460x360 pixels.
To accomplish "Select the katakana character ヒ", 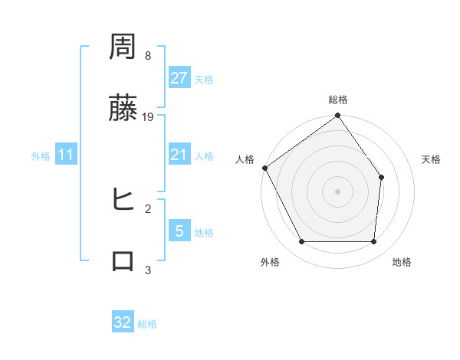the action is click(123, 201).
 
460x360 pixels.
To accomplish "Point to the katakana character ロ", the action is click(123, 261).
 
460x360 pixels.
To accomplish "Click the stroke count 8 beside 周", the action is click(148, 56).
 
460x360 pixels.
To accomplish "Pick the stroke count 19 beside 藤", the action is click(148, 116).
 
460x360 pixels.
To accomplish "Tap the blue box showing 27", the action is click(179, 78).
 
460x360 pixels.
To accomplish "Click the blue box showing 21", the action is click(179, 155).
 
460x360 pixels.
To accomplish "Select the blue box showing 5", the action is click(179, 231).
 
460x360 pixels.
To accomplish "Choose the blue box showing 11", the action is click(66, 155).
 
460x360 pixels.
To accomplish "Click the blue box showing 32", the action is click(123, 322).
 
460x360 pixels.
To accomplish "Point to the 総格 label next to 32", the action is click(147, 324).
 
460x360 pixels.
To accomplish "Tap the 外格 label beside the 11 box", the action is click(41, 156).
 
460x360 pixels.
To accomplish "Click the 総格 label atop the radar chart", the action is click(338, 100).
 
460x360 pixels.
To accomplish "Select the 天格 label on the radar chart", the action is click(432, 159).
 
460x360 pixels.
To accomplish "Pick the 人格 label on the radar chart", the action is click(245, 159).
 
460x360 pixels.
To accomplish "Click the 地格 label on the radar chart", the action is click(402, 262).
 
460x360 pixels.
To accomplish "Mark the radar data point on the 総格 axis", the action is click(338, 116).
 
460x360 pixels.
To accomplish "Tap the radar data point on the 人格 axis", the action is click(265, 168).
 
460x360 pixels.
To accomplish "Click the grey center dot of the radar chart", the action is click(338, 191).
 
